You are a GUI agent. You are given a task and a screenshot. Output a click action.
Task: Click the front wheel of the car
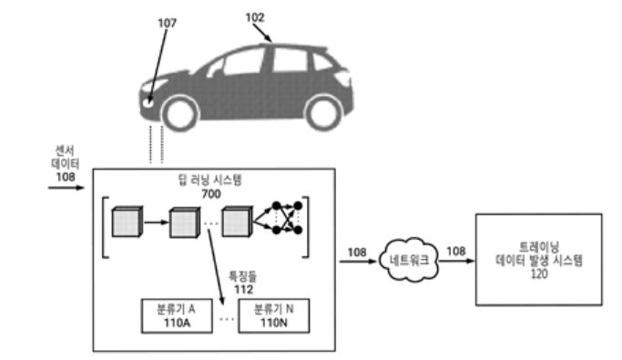[x=180, y=114]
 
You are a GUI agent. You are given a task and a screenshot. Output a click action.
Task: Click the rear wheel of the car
[x=323, y=113]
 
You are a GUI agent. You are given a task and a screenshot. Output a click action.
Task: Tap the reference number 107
[x=167, y=24]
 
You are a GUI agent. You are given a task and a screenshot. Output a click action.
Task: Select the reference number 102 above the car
[x=255, y=17]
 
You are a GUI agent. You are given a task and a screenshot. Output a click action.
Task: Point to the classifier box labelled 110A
[x=177, y=316]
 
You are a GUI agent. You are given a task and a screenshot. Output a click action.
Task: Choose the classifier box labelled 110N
[x=274, y=316]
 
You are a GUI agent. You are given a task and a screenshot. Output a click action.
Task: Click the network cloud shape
[x=409, y=260]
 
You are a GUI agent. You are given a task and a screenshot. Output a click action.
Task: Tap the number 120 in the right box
[x=539, y=273]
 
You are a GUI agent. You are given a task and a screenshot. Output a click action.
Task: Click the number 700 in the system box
[x=211, y=194]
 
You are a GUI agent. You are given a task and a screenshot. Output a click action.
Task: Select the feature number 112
[x=243, y=289]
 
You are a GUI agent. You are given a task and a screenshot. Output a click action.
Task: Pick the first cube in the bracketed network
[x=127, y=221]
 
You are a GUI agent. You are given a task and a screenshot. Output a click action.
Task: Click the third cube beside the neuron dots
[x=237, y=221]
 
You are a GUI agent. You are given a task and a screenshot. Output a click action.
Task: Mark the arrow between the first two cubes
[x=157, y=222]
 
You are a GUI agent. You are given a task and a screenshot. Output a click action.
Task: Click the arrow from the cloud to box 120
[x=456, y=261]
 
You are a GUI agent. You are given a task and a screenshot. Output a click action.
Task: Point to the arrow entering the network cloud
[x=358, y=262]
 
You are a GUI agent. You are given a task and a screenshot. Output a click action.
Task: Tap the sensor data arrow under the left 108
[x=66, y=188]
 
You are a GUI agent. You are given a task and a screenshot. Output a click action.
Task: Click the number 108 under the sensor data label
[x=66, y=177]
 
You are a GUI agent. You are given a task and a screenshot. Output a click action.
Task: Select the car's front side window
[x=243, y=62]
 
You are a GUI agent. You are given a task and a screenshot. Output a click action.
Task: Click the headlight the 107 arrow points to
[x=148, y=101]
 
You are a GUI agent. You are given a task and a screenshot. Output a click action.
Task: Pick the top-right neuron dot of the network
[x=298, y=206]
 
